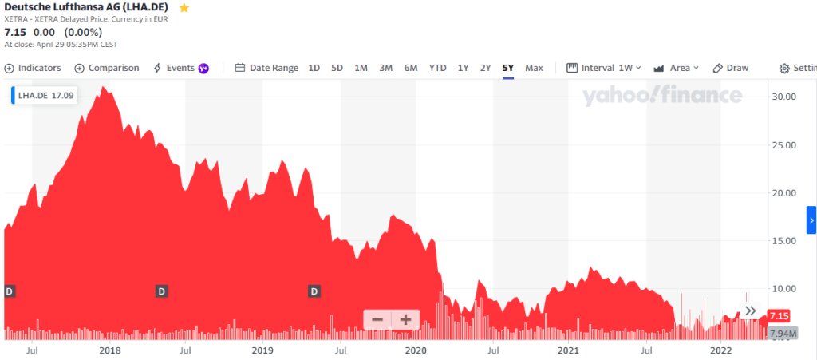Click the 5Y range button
(508, 68)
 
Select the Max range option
(534, 68)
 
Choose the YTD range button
(437, 68)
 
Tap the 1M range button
(361, 68)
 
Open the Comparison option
(107, 68)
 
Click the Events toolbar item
(180, 68)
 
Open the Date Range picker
(266, 68)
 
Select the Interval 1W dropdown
(604, 68)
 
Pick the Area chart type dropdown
(677, 68)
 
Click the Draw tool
(731, 68)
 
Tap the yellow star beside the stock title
(184, 8)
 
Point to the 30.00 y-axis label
(785, 97)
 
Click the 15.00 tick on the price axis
(785, 240)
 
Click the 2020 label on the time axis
(416, 350)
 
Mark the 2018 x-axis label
(109, 350)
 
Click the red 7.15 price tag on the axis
(778, 315)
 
